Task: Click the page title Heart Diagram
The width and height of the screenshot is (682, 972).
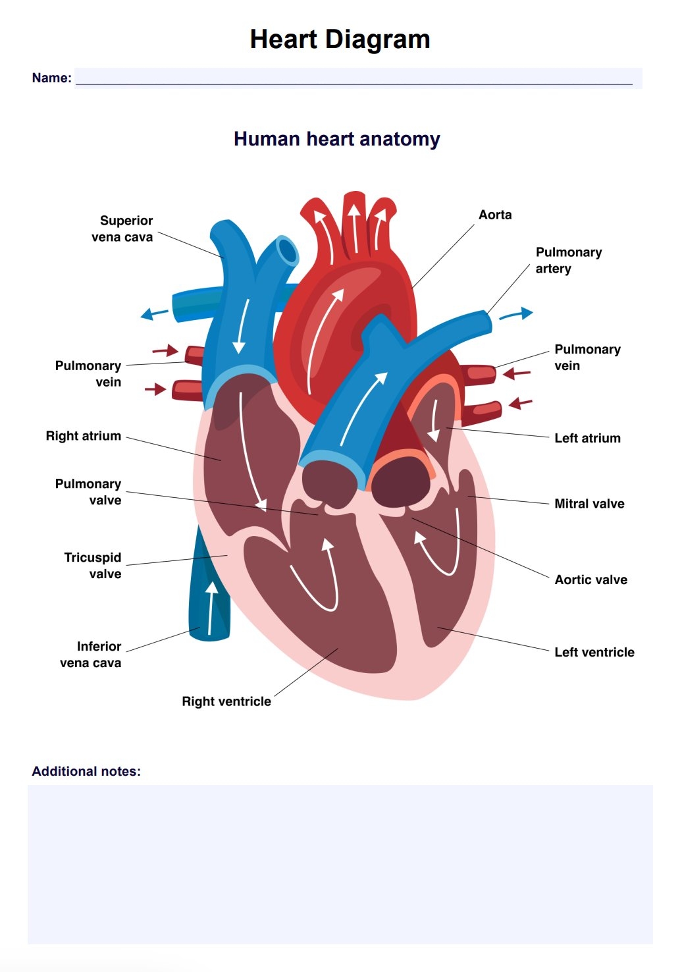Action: point(340,40)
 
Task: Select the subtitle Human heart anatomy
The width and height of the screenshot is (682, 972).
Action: point(336,139)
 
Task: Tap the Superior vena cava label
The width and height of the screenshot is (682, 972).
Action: point(123,229)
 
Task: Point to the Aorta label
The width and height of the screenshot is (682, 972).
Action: point(494,215)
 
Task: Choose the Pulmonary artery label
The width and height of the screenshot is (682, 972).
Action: point(568,260)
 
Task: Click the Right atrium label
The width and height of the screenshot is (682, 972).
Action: point(84,436)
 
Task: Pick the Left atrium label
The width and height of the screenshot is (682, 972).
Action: point(587,438)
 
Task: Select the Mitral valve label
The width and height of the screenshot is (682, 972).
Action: point(589,504)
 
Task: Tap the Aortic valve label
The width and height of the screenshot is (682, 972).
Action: point(590,580)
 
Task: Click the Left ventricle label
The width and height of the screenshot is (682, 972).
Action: point(594,652)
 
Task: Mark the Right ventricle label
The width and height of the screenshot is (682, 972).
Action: point(226,701)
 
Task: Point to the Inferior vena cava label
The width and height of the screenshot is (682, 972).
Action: point(92,655)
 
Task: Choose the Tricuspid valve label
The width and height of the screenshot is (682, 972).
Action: point(93,566)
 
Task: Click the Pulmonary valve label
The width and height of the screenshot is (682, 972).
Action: point(89,492)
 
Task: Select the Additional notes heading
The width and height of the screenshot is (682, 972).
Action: point(86,771)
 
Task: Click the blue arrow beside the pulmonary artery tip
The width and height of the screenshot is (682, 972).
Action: point(515,314)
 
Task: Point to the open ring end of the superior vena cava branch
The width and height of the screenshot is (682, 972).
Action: point(288,250)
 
